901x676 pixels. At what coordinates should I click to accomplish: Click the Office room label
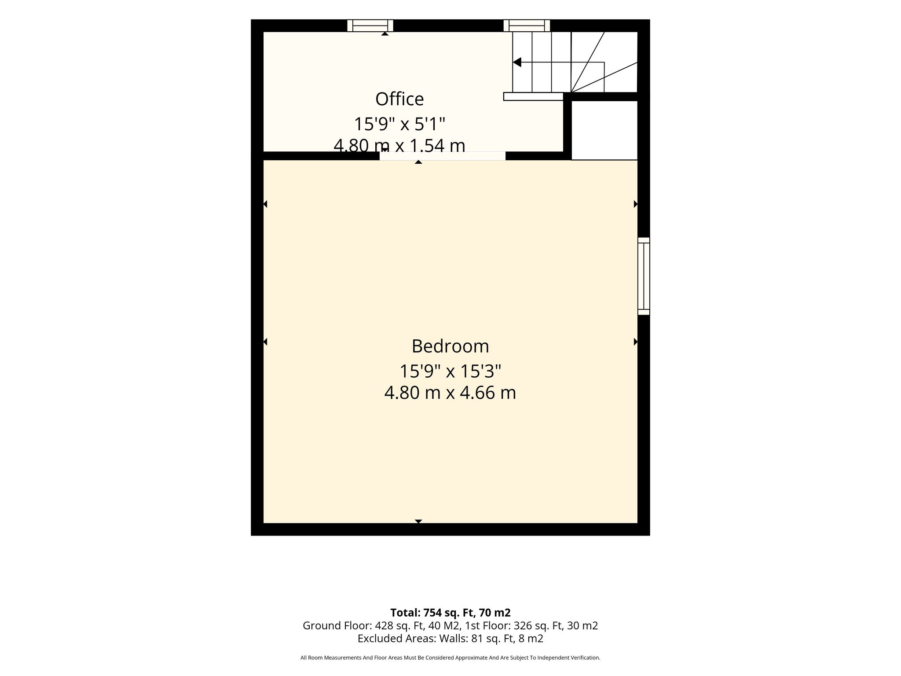point(399,99)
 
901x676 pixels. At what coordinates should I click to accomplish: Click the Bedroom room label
point(450,346)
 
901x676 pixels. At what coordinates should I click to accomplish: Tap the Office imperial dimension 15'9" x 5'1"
point(399,124)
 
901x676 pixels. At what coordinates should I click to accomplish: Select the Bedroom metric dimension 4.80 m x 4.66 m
point(450,393)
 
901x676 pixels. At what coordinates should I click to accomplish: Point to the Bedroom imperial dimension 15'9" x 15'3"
point(450,371)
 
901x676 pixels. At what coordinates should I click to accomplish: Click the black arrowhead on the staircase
point(517,62)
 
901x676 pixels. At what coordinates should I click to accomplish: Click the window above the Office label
point(370,26)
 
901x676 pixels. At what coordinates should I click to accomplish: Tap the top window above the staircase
point(527,26)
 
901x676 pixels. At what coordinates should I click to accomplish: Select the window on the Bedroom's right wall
point(644,276)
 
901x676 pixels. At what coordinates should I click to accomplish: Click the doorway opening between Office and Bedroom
point(443,156)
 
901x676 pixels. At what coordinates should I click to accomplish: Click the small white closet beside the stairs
point(604,130)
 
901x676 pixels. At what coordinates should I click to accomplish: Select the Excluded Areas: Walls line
point(450,639)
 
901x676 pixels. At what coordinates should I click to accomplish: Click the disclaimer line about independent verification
point(450,658)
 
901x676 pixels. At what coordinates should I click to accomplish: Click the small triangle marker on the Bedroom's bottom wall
point(418,521)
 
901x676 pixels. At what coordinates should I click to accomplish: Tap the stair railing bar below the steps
point(533,96)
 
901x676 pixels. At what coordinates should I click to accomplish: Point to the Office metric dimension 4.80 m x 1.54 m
point(399,146)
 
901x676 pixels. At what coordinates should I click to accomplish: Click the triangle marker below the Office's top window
point(385,33)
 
